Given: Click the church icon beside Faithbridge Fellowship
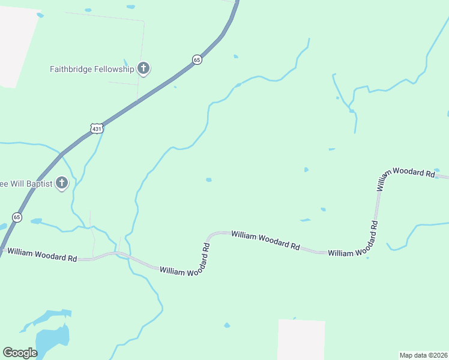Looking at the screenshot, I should click(143, 68).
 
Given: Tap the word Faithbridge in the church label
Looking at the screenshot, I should click(71, 69).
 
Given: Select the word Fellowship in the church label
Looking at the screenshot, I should click(113, 69).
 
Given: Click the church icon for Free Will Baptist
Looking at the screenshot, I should click(61, 183).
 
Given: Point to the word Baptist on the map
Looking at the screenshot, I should click(37, 183).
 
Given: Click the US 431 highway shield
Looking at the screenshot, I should click(97, 128).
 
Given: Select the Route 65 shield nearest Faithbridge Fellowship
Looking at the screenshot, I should click(197, 59).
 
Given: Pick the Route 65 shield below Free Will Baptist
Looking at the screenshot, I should click(17, 217).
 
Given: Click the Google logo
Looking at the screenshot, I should click(20, 352).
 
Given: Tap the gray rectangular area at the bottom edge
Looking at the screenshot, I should click(301, 340).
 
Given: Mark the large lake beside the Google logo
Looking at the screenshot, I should click(52, 339).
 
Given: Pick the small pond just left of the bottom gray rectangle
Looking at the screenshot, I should click(227, 325).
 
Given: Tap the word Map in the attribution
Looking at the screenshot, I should click(406, 355).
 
